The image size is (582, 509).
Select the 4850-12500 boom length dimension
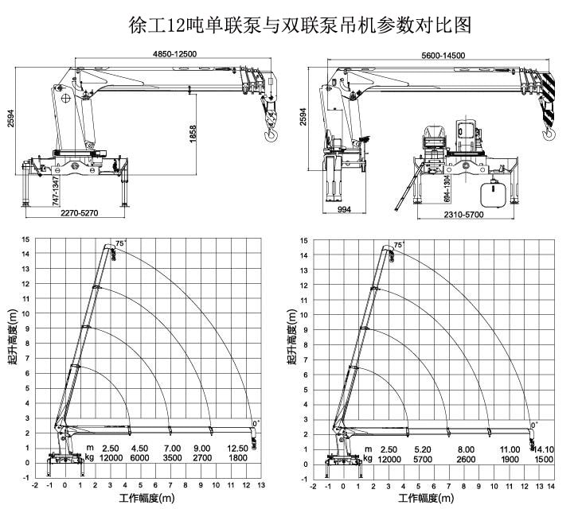(x=174, y=53)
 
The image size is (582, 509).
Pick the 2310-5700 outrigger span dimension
(x=464, y=215)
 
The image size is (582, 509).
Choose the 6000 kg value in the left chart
(x=140, y=459)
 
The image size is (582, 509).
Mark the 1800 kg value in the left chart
(x=236, y=459)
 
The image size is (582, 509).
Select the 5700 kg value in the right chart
(x=423, y=460)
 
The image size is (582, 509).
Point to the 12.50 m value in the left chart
(x=236, y=449)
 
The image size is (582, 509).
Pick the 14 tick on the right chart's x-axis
(x=553, y=485)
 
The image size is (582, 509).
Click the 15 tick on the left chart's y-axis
(x=26, y=239)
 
